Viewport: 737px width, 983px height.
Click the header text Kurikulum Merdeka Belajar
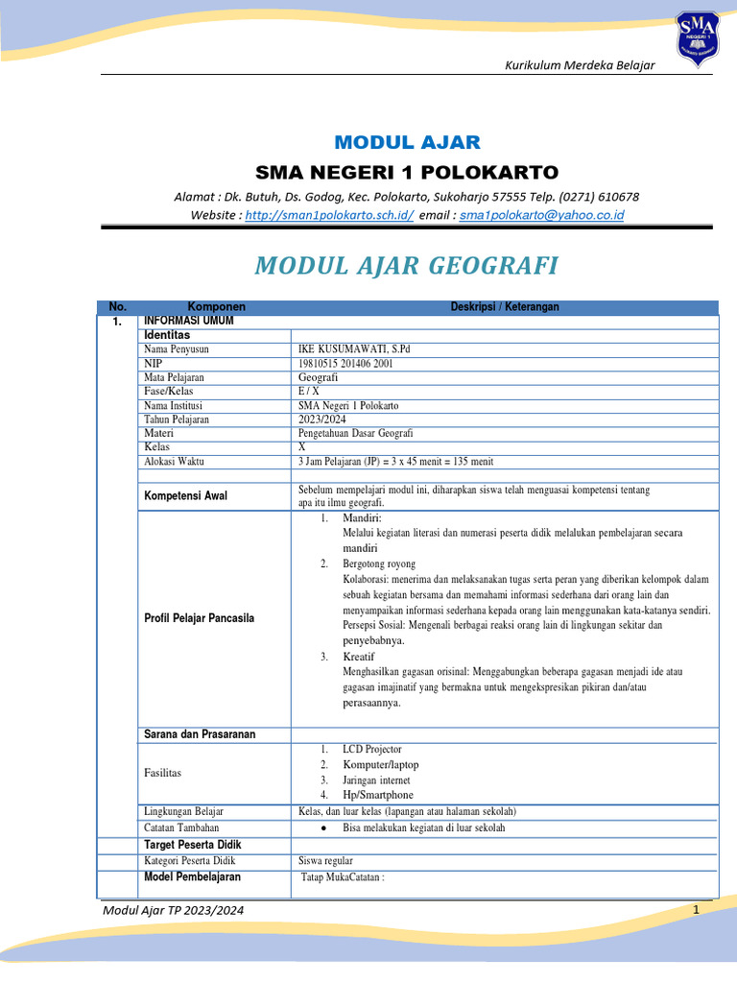[x=580, y=64]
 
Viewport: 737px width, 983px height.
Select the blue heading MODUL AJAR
[x=407, y=143]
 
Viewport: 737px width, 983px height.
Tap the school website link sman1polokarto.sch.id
[x=329, y=215]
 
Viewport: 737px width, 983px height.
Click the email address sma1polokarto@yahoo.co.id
[x=541, y=215]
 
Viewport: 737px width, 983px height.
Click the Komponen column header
[x=216, y=306]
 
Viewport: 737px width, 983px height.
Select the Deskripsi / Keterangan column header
[x=505, y=306]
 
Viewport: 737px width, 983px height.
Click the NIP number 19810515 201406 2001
[x=345, y=364]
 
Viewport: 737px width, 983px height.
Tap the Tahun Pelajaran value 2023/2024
[x=322, y=420]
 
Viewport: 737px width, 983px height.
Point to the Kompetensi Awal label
[x=186, y=496]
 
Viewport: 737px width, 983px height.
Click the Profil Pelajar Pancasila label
[x=199, y=618]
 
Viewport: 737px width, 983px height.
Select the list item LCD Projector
[x=372, y=749]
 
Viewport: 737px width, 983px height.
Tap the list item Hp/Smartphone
[x=378, y=795]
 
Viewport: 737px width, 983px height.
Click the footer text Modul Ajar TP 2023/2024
[x=174, y=909]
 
